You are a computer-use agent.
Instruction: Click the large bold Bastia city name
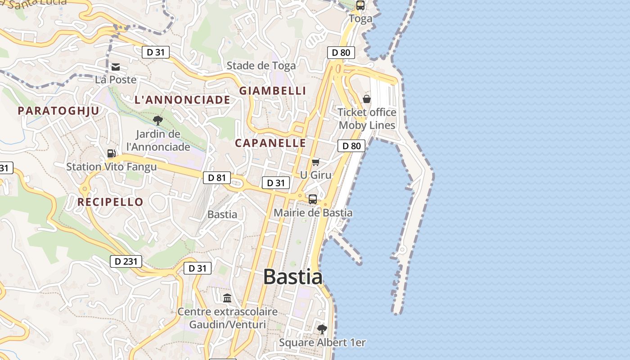(x=292, y=276)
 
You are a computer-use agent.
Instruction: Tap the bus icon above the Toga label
(x=360, y=5)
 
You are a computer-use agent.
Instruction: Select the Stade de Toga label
(x=261, y=66)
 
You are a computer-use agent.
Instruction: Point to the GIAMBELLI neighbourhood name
(x=272, y=90)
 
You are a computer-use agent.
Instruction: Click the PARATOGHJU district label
(x=58, y=110)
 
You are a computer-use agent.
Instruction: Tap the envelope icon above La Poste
(x=116, y=67)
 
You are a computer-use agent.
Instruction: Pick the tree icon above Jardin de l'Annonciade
(x=157, y=120)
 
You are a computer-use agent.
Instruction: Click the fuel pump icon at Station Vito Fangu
(x=111, y=153)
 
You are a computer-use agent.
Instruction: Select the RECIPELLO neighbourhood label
(x=110, y=202)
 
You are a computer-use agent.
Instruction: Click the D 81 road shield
(x=216, y=178)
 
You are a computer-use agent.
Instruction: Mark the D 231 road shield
(x=126, y=261)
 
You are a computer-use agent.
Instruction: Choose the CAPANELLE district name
(x=270, y=143)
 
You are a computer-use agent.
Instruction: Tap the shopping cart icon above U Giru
(x=315, y=162)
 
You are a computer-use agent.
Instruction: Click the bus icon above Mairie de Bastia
(x=313, y=199)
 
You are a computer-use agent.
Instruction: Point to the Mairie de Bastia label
(x=313, y=212)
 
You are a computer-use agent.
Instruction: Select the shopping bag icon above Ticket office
(x=367, y=99)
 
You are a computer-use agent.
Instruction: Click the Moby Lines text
(x=367, y=125)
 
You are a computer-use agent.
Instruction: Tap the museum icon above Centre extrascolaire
(x=227, y=298)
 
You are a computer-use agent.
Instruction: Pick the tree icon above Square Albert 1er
(x=322, y=329)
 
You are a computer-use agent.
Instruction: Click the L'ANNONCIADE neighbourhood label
(x=182, y=100)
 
